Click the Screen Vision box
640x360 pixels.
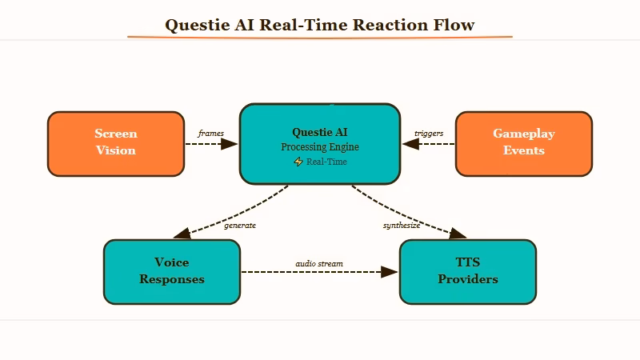[x=116, y=143]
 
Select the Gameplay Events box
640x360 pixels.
[x=524, y=143]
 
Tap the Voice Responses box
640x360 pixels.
[x=172, y=271]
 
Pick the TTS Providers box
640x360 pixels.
[x=468, y=271]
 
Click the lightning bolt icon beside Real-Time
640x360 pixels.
[x=298, y=162]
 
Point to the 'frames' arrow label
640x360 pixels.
[x=211, y=133]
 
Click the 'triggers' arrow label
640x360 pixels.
[x=429, y=133]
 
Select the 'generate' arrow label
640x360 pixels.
[x=240, y=226]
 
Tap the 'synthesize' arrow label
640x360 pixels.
[x=402, y=226]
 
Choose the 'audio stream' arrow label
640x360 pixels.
[x=319, y=263]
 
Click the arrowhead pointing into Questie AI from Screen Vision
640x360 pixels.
[x=230, y=144]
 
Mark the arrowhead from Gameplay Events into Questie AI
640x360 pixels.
[x=410, y=144]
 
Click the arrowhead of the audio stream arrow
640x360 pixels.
[x=390, y=272]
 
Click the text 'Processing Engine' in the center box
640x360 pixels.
[x=320, y=147]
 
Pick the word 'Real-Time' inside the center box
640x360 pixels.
[x=326, y=162]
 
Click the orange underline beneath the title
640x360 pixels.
[x=320, y=37]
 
